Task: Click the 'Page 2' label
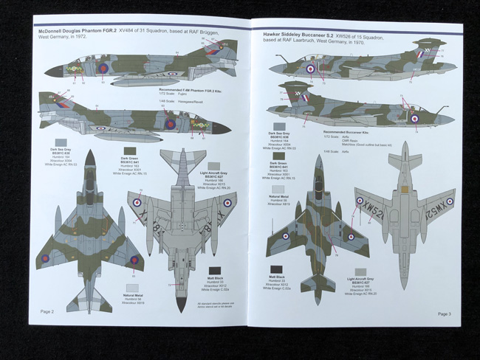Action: pos(47,312)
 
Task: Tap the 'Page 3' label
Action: pos(444,314)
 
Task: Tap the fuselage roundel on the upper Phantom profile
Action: pos(103,69)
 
